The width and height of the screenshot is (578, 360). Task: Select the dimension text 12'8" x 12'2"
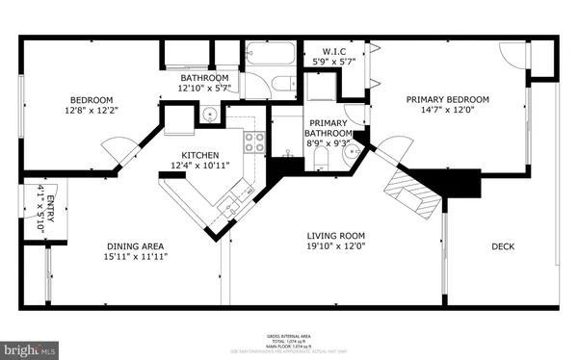[92, 111]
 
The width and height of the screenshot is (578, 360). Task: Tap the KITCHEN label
[200, 155]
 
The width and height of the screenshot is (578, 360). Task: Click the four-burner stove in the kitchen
[254, 142]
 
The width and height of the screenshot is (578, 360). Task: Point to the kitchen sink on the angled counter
[228, 205]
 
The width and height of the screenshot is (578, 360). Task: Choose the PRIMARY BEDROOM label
[447, 99]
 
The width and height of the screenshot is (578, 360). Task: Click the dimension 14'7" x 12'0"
[447, 111]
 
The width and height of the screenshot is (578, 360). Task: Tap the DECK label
[503, 246]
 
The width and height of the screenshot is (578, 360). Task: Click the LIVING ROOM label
[335, 236]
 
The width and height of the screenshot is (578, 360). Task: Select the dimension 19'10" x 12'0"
[335, 247]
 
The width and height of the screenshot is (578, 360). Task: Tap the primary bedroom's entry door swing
[389, 150]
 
